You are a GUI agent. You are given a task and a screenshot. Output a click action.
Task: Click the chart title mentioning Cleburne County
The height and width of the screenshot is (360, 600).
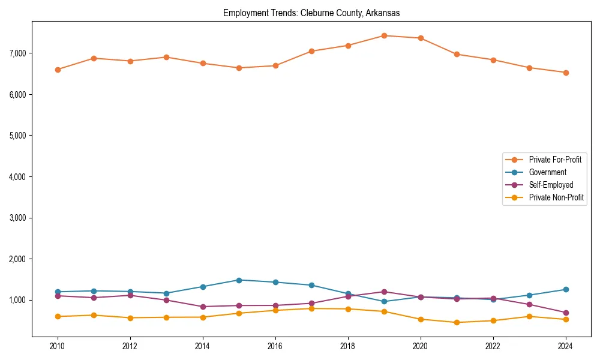click(x=311, y=13)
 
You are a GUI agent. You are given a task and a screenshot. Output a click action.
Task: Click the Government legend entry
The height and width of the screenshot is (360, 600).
click(x=547, y=172)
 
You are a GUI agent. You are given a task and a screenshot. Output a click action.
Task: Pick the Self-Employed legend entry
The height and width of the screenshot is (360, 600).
click(x=551, y=185)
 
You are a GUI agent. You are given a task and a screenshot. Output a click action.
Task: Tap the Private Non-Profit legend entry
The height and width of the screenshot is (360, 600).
click(x=556, y=197)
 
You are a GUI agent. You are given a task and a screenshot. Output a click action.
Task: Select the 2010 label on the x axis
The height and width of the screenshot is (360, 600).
click(x=58, y=346)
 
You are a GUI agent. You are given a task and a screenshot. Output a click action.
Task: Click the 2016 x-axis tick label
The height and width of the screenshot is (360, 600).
click(x=275, y=346)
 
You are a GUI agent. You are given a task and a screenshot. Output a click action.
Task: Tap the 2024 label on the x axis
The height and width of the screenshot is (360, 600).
click(x=565, y=346)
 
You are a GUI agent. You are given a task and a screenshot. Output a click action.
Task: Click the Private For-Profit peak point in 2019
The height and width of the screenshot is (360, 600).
click(x=384, y=35)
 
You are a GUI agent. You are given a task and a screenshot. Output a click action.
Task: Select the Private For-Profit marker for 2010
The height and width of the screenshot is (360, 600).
click(x=58, y=70)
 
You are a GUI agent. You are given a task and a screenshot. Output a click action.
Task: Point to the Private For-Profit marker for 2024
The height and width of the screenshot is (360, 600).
click(x=565, y=73)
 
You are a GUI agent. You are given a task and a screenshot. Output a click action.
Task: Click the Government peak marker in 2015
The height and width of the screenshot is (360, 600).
click(x=239, y=280)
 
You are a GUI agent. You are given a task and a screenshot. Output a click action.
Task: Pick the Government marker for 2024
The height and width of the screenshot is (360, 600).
click(x=565, y=289)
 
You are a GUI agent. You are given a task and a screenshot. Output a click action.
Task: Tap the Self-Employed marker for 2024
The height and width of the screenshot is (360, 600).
click(x=565, y=313)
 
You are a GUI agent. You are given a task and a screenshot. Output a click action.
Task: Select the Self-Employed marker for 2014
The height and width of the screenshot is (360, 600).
click(x=203, y=307)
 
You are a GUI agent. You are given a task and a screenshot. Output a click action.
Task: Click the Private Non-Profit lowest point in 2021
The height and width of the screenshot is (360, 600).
click(x=457, y=322)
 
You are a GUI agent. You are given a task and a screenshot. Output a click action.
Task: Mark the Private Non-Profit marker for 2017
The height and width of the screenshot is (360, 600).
click(x=311, y=308)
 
